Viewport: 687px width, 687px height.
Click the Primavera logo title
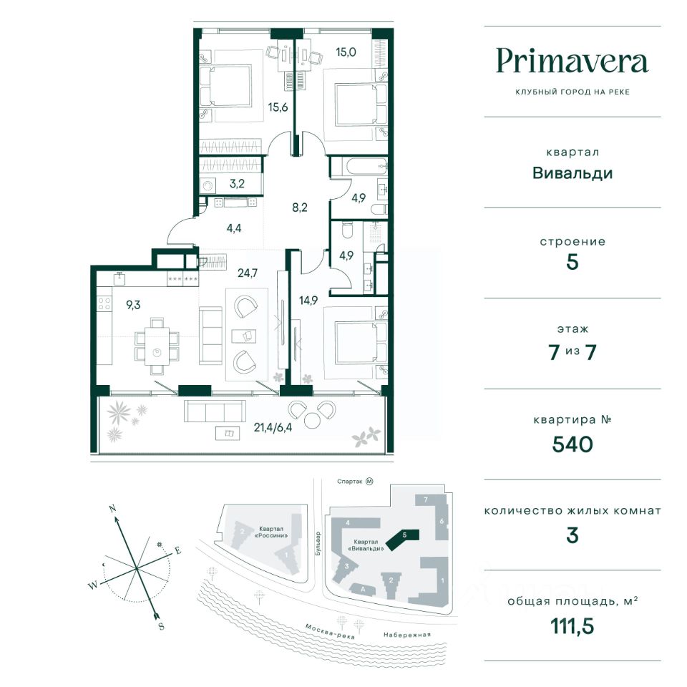pyautogui.click(x=572, y=62)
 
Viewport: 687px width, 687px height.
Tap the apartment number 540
pyautogui.click(x=572, y=445)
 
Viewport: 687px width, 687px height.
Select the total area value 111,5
pyautogui.click(x=572, y=627)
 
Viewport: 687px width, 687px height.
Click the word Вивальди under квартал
pyautogui.click(x=572, y=172)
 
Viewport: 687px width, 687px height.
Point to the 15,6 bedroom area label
pyautogui.click(x=278, y=107)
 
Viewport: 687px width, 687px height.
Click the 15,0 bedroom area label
pyautogui.click(x=346, y=51)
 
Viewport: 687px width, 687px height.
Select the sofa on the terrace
pyautogui.click(x=215, y=411)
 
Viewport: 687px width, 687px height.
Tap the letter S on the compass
pyautogui.click(x=161, y=626)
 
